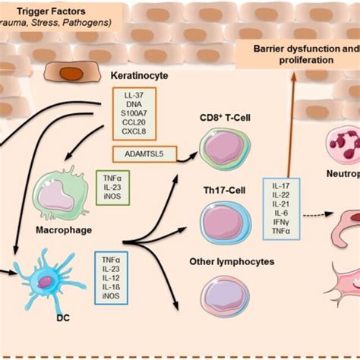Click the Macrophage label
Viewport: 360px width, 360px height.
click(x=58, y=226)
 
